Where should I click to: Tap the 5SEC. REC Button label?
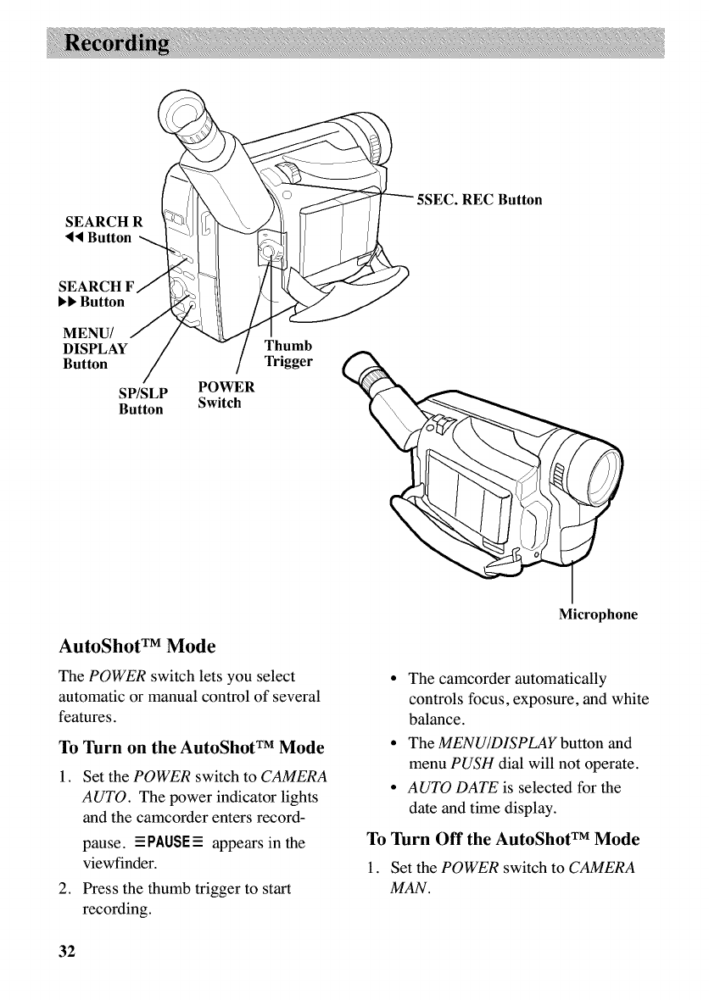click(478, 201)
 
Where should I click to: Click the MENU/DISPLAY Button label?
click(96, 347)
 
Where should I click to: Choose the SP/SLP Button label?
click(142, 401)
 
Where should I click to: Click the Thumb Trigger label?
click(289, 354)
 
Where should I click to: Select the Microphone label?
click(598, 614)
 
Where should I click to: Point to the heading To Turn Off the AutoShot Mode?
click(504, 817)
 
